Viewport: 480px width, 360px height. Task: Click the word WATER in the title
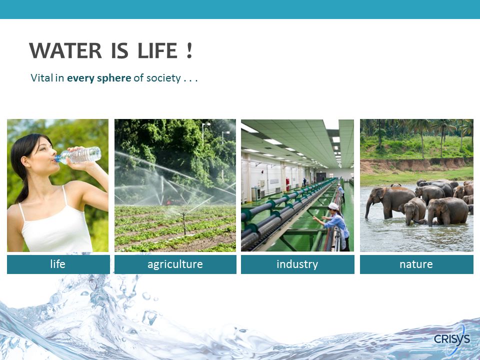point(65,50)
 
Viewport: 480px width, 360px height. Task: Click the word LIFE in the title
point(157,50)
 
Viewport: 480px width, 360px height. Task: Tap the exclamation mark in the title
point(189,50)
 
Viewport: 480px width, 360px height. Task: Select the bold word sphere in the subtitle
point(114,78)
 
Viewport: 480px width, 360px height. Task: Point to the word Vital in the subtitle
point(42,78)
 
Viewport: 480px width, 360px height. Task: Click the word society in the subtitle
point(163,78)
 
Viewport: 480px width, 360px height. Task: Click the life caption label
point(58,264)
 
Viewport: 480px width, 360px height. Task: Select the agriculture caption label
point(175,264)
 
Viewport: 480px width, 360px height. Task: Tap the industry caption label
point(297,264)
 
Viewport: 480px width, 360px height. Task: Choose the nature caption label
point(416,264)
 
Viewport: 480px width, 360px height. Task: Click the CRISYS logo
point(452,339)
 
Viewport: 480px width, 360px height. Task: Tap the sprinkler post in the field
point(184,224)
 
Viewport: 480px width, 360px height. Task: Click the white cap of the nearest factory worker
point(333,206)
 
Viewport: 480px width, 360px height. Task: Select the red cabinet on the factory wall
point(287,184)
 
